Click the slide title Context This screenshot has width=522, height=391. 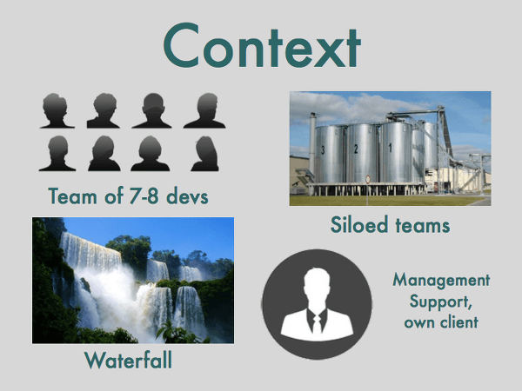click(x=262, y=45)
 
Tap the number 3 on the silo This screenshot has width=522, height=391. click(x=323, y=150)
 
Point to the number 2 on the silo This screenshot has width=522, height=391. click(x=356, y=149)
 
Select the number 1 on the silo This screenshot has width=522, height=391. click(x=390, y=148)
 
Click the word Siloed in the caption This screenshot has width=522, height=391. click(x=359, y=224)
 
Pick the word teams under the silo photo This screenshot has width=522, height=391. click(x=423, y=225)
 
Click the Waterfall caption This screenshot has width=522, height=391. click(x=128, y=360)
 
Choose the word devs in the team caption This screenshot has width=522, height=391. click(x=187, y=195)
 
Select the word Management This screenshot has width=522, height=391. click(x=441, y=281)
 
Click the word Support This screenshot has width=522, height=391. click(x=440, y=302)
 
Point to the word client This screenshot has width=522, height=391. click(x=459, y=322)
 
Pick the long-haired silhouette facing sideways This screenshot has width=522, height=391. click(x=205, y=154)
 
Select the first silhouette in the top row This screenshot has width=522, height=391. click(x=57, y=110)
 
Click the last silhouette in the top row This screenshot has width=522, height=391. click(x=205, y=110)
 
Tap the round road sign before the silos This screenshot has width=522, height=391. click(x=368, y=180)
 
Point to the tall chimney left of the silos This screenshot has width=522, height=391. click(x=312, y=146)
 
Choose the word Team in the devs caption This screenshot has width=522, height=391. click(x=73, y=195)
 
